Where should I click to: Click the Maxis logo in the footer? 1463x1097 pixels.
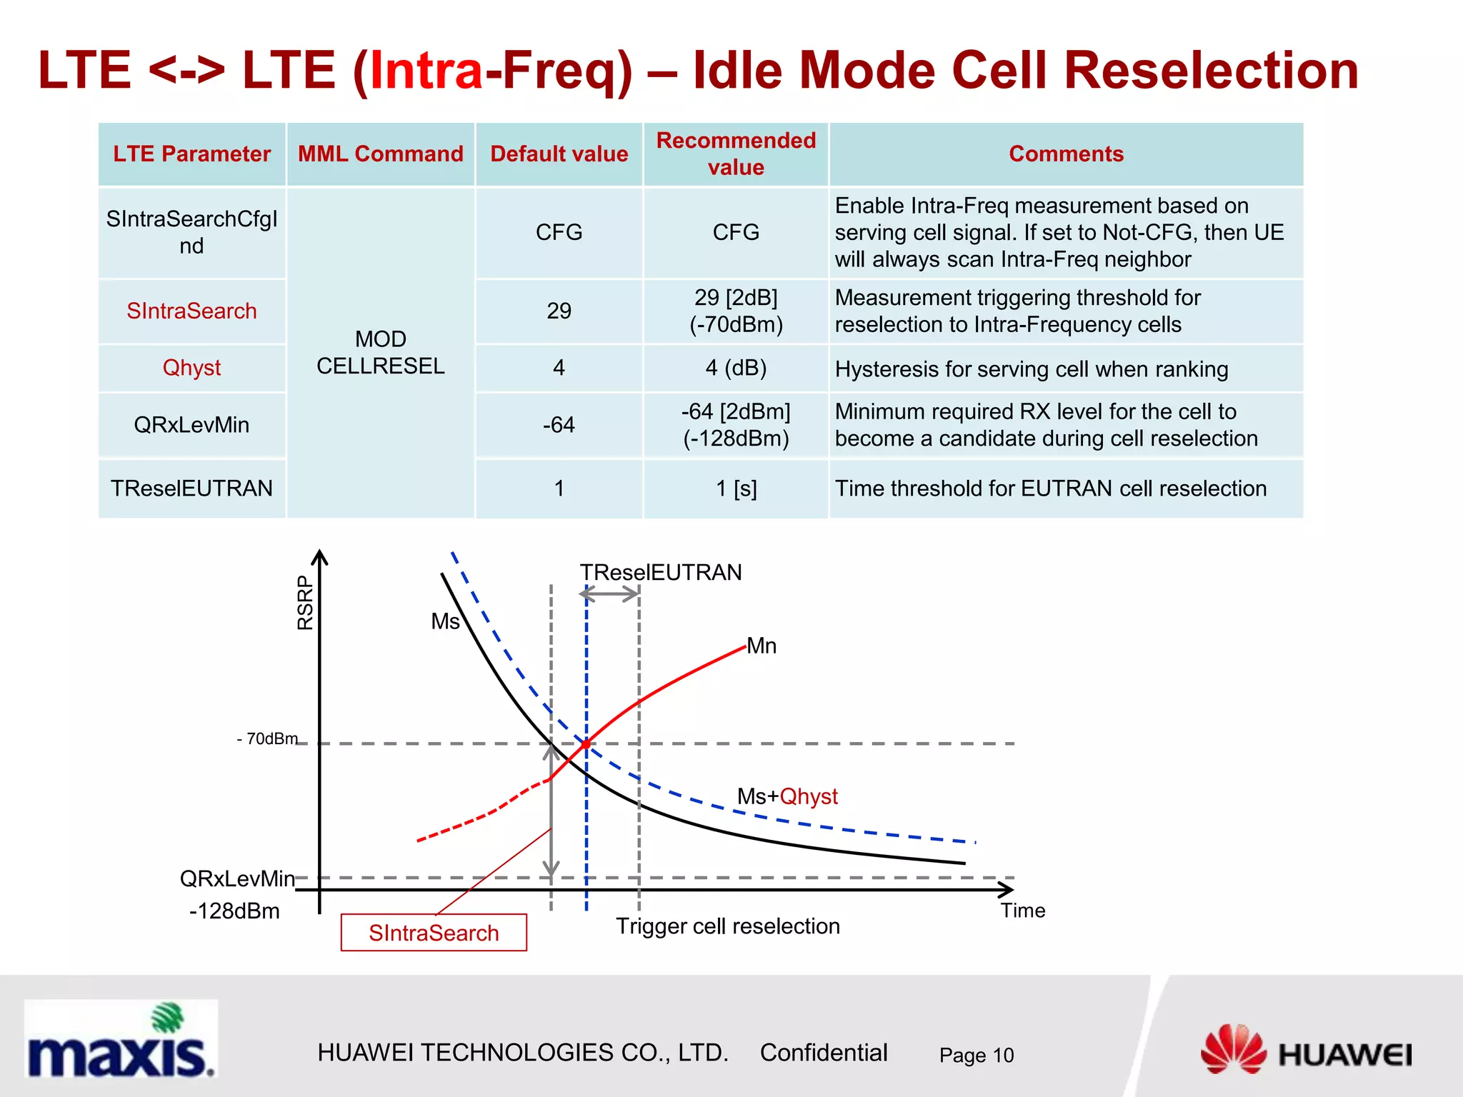[x=120, y=1039]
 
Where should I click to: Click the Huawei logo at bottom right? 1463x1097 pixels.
[x=1306, y=1050]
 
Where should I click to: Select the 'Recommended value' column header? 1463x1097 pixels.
[x=735, y=154]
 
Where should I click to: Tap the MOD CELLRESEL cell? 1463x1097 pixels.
[x=380, y=352]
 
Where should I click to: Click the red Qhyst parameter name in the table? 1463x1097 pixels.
[x=191, y=368]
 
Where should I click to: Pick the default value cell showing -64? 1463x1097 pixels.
[x=559, y=425]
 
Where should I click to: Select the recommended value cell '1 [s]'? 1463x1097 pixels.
[x=735, y=489]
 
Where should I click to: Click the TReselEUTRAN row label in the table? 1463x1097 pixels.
[x=191, y=489]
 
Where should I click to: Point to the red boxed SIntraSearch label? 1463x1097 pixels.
[x=434, y=933]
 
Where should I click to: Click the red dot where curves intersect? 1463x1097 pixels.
[x=586, y=744]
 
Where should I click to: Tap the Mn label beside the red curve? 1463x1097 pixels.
[x=762, y=646]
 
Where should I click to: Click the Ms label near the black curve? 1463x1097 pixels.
[x=445, y=621]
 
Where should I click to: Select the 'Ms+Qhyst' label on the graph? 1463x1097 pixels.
[x=787, y=796]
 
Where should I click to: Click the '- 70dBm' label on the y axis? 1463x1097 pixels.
[x=267, y=738]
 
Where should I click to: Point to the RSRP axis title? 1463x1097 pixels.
[x=305, y=603]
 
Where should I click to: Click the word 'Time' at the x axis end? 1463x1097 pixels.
[x=1022, y=911]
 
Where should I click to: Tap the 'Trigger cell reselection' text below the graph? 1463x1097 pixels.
[x=727, y=926]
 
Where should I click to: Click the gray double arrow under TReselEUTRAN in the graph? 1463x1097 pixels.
[x=609, y=593]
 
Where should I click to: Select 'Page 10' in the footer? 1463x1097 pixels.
[x=976, y=1055]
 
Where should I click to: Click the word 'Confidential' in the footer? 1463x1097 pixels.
[x=823, y=1053]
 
